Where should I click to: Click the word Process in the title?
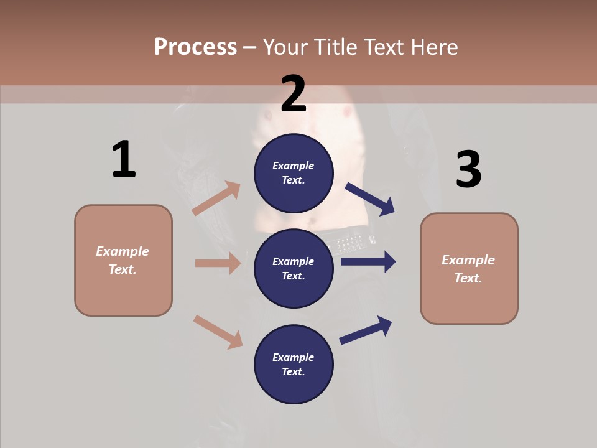[x=195, y=47]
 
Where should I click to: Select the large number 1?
[x=124, y=159]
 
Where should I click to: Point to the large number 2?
[x=294, y=94]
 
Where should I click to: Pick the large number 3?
[x=468, y=170]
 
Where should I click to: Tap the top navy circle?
[x=294, y=173]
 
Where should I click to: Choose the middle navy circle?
[x=294, y=268]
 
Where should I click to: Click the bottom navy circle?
[x=294, y=364]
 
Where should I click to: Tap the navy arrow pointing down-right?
[x=370, y=199]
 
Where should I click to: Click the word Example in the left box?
[x=123, y=251]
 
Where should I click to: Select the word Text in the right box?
[x=468, y=278]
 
